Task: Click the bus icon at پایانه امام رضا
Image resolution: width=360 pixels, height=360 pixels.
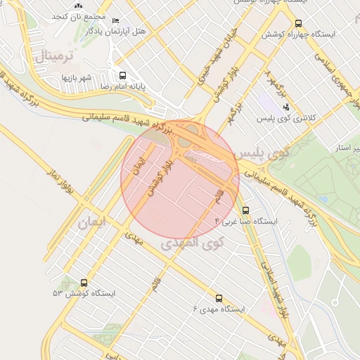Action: (124, 75)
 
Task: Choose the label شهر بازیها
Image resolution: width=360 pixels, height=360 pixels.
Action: (78, 77)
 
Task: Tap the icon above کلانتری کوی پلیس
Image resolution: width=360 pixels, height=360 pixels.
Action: (286, 106)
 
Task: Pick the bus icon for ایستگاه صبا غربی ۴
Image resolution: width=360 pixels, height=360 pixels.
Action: (245, 210)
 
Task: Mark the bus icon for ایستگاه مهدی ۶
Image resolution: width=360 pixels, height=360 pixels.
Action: (219, 298)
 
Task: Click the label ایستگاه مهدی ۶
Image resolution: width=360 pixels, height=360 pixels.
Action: (219, 309)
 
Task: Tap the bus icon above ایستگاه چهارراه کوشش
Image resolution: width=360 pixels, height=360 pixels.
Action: (298, 23)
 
